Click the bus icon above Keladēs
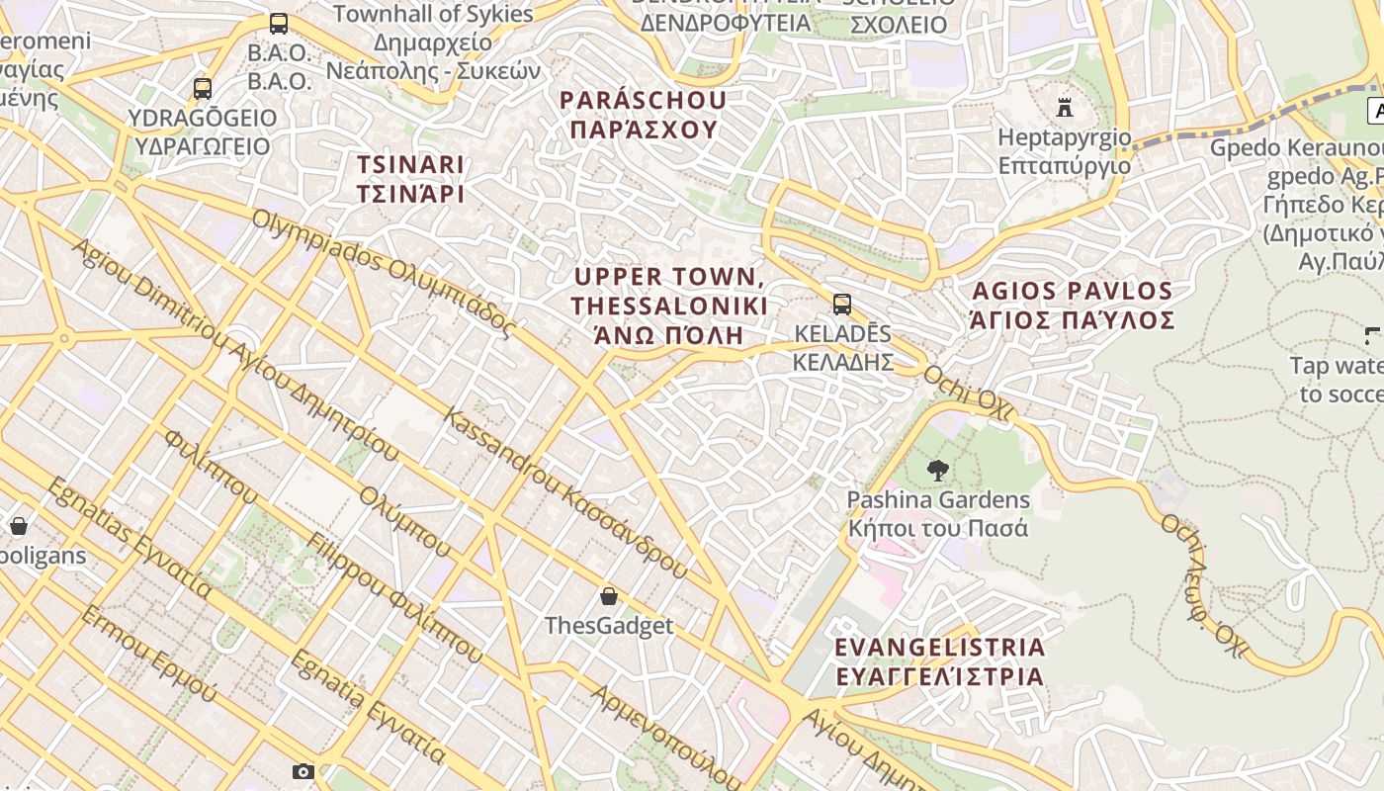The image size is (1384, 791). (842, 304)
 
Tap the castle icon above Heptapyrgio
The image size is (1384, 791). (1065, 107)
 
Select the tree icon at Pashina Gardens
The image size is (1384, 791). (938, 471)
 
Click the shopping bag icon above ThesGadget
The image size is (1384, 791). (609, 596)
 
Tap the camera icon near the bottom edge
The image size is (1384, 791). (303, 771)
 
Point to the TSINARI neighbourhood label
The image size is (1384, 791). (410, 179)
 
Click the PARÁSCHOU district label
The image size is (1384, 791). (643, 115)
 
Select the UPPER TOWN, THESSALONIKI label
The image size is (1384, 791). (669, 306)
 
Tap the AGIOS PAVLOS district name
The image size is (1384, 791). (1073, 306)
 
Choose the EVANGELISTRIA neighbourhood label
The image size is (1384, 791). (940, 661)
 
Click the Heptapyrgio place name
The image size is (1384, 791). (1064, 151)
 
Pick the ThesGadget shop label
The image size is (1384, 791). (609, 626)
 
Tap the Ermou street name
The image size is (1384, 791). (148, 654)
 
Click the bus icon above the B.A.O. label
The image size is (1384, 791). (279, 24)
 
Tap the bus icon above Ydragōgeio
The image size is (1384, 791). (203, 89)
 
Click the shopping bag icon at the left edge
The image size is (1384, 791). (18, 526)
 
